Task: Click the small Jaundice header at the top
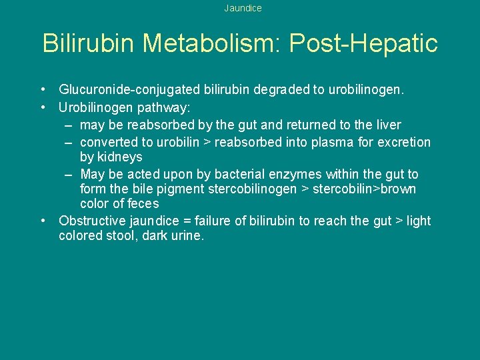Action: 243,9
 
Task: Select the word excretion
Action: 405,142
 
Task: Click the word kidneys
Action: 120,157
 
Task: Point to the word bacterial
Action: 233,175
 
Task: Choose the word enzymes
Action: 296,175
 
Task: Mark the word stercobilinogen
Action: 253,189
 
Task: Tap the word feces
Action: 143,204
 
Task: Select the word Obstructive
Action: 91,221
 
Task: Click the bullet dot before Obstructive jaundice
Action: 43,221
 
